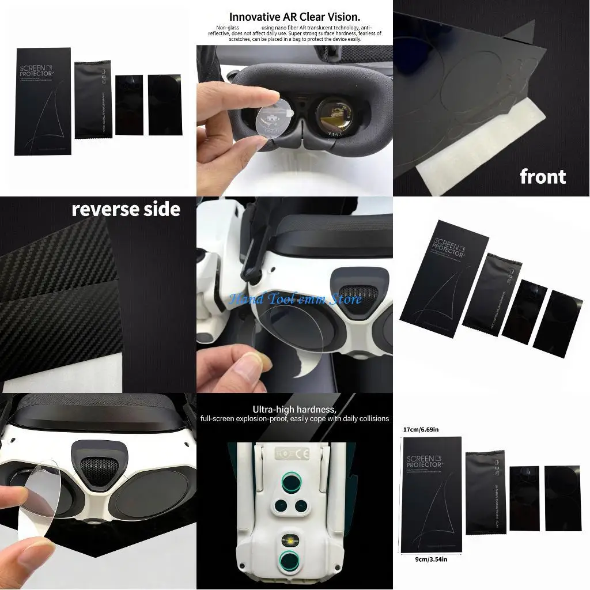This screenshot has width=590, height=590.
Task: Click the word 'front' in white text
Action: pyautogui.click(x=542, y=176)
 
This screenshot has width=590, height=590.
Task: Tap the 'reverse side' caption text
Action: pyautogui.click(x=126, y=209)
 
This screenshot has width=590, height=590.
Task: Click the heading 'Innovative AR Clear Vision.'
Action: pyautogui.click(x=294, y=17)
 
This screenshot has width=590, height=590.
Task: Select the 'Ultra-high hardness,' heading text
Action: pyautogui.click(x=294, y=409)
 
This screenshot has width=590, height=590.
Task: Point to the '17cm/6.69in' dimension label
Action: pyautogui.click(x=421, y=429)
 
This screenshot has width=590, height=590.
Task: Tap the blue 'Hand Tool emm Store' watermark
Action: pyautogui.click(x=296, y=299)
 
